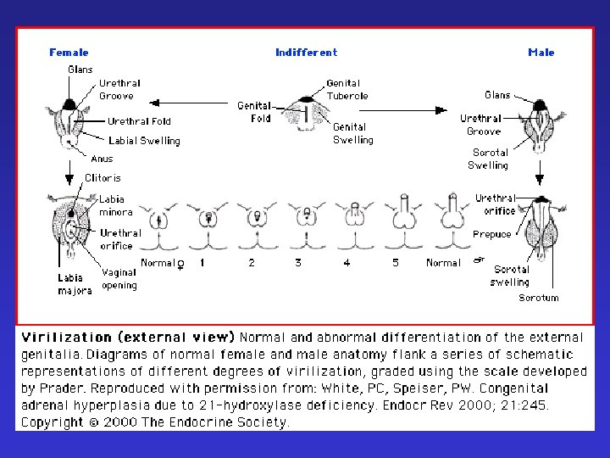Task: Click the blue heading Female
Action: [x=69, y=53]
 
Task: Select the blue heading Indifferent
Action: [x=306, y=53]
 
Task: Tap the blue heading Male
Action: [x=541, y=53]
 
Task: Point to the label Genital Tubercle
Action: [x=347, y=90]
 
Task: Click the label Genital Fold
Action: [x=254, y=112]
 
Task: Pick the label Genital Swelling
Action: [x=352, y=133]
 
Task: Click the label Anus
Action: [x=101, y=159]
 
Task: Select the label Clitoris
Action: [x=103, y=178]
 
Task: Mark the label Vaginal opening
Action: [x=119, y=279]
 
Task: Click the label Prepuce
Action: [x=492, y=234]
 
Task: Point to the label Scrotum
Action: [x=539, y=298]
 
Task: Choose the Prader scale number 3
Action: [x=298, y=263]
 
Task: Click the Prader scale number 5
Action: [x=395, y=263]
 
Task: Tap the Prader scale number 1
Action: [x=202, y=263]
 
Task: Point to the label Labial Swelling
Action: [x=144, y=141]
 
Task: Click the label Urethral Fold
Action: [x=139, y=121]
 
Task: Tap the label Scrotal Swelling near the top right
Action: [x=490, y=159]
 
